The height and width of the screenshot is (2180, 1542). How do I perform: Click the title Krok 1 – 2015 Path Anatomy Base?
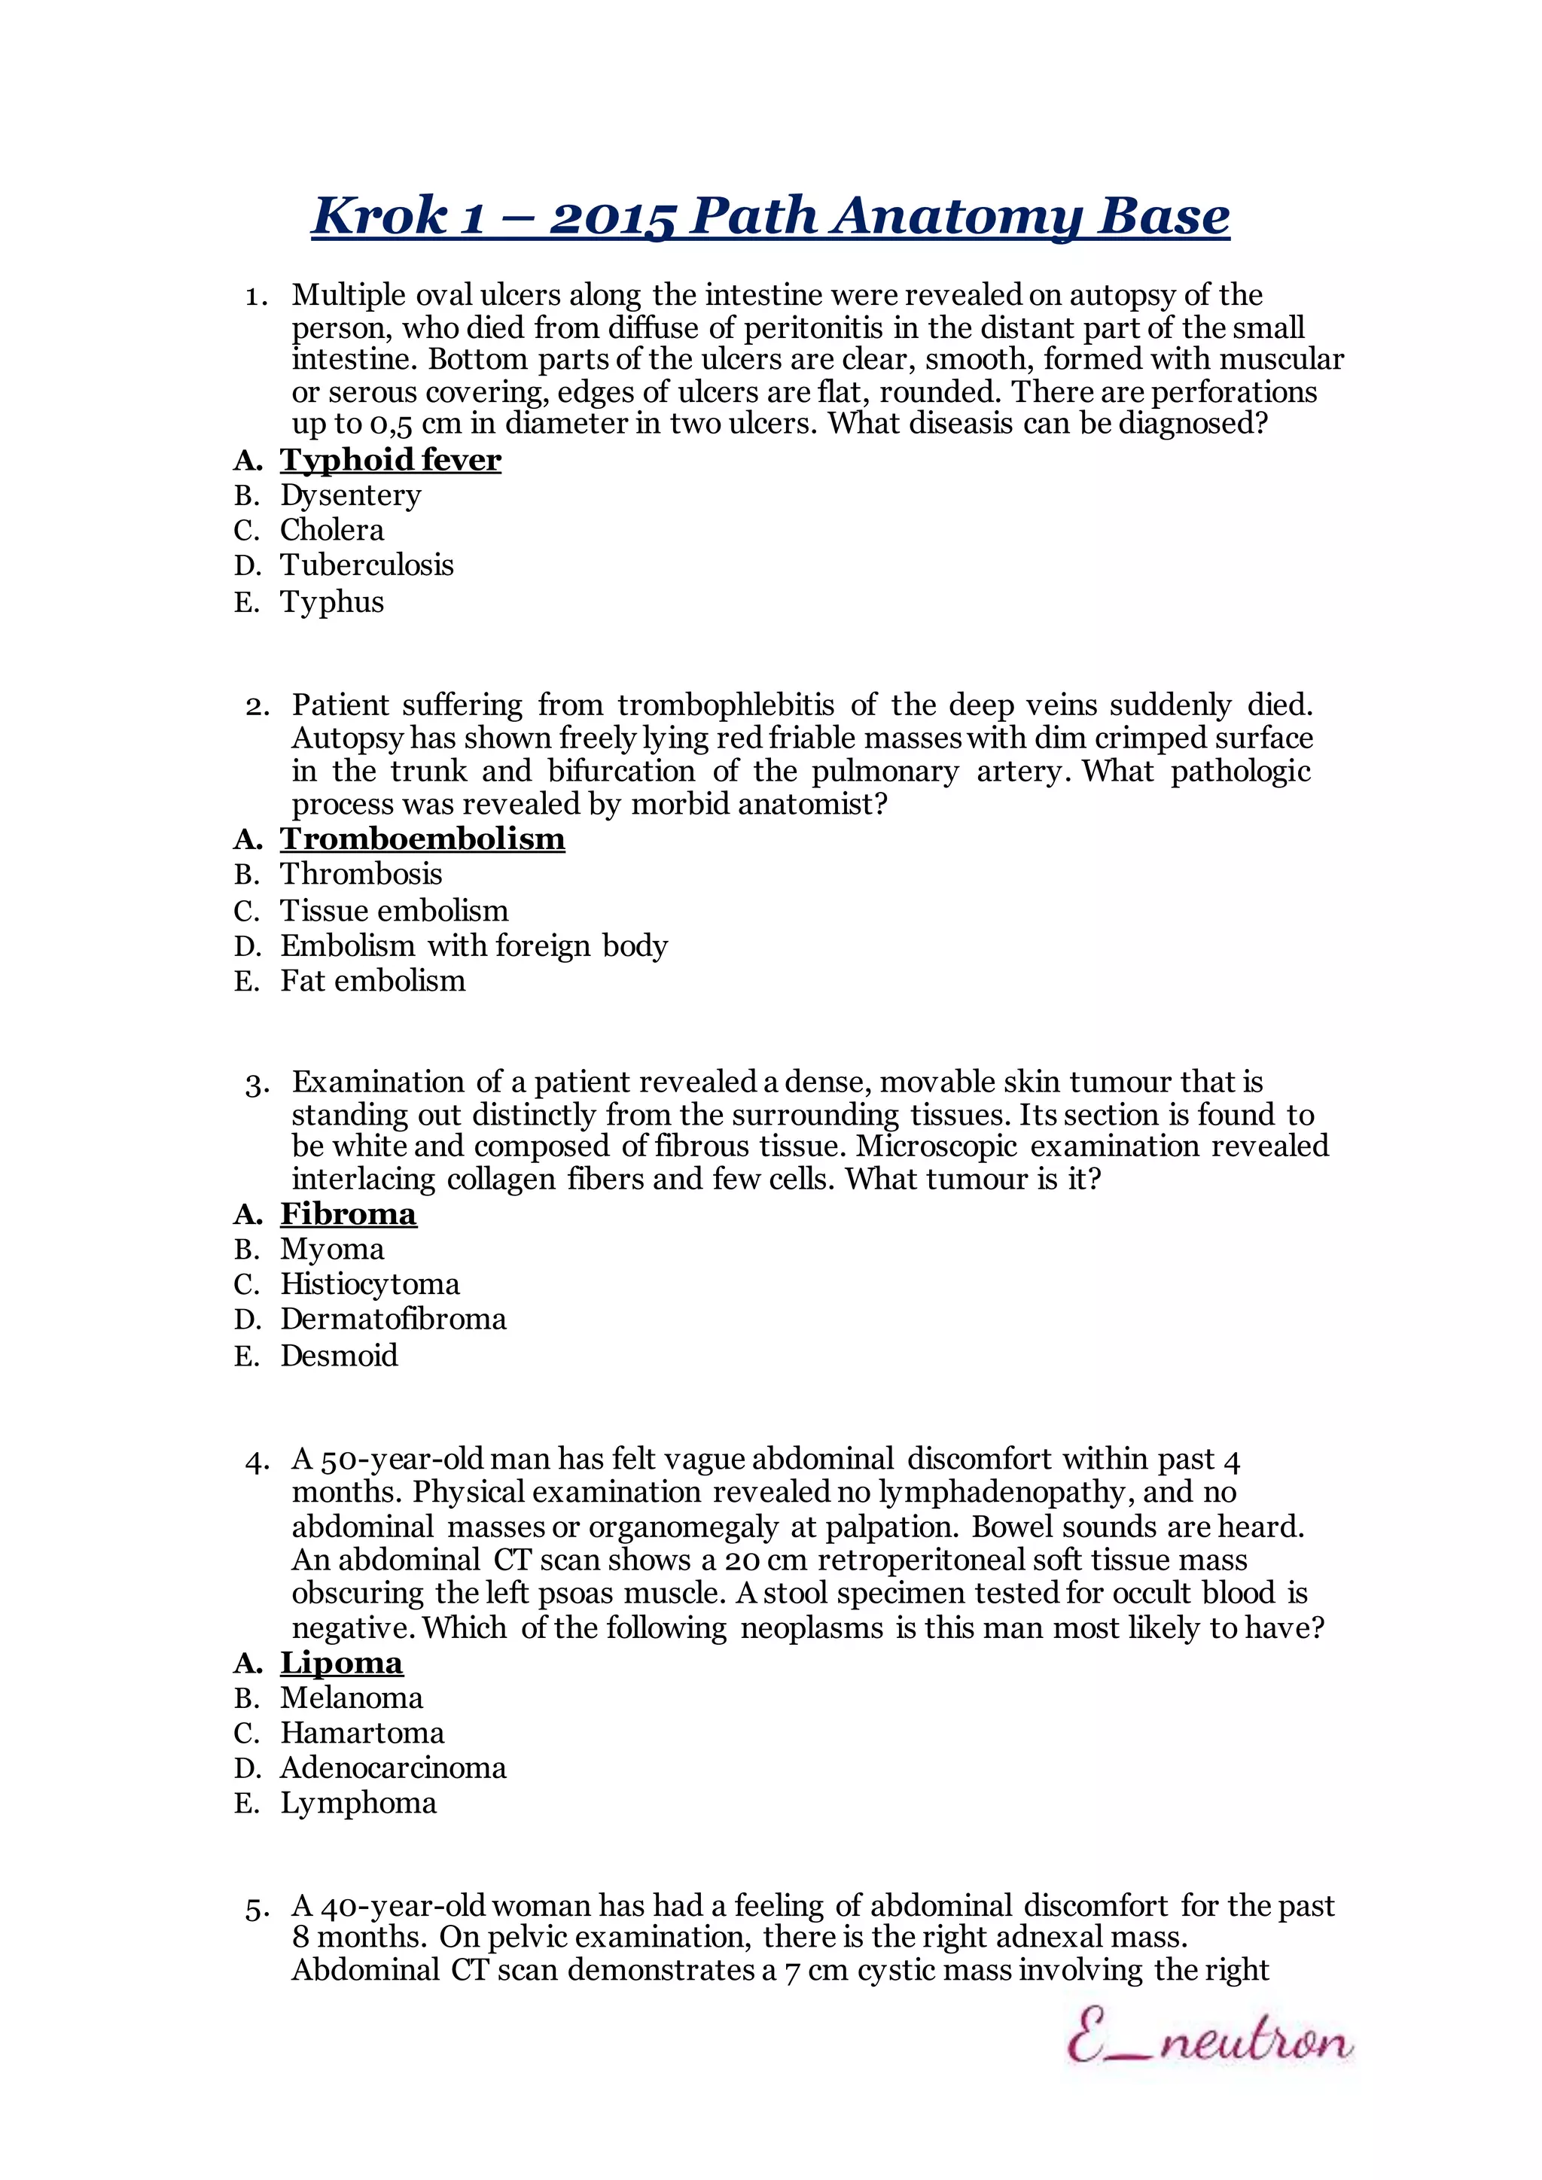coord(770,217)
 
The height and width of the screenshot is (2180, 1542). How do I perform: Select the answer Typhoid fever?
coord(390,461)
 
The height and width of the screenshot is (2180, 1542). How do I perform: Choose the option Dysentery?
coord(350,495)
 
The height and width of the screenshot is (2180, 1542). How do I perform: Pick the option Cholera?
coord(331,530)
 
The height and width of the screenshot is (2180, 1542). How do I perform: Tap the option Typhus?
coord(331,602)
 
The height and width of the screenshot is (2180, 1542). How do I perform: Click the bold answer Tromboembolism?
coord(422,839)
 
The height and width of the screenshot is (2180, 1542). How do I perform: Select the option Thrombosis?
coord(361,875)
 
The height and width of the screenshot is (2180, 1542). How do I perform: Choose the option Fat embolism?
coord(372,981)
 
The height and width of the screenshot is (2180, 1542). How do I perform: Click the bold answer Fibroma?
coord(349,1214)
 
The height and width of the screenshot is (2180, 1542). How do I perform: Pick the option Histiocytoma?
coord(370,1285)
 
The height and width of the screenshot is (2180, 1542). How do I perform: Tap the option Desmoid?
coord(339,1356)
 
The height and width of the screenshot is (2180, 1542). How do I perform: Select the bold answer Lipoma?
coord(342,1664)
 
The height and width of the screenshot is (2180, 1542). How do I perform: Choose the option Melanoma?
coord(352,1699)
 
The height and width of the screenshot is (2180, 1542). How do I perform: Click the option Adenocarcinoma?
coord(393,1768)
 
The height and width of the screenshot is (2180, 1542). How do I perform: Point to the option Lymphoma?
coord(358,1803)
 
